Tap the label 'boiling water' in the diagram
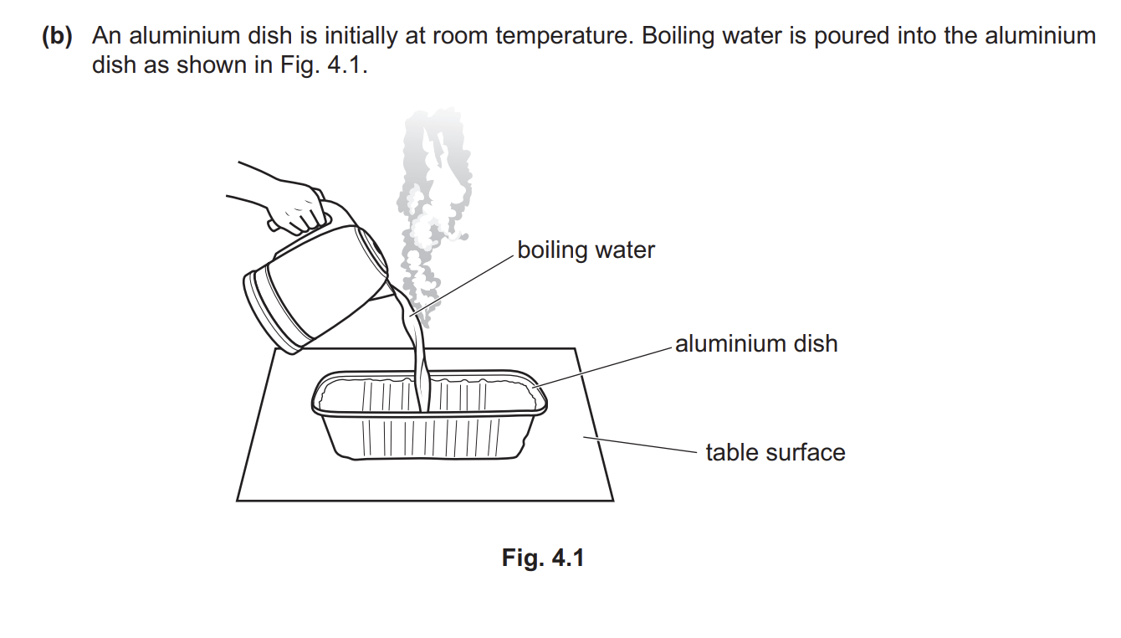coord(586,250)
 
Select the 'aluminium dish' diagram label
coord(756,343)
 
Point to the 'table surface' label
coord(775,452)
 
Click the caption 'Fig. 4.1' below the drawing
coord(543,558)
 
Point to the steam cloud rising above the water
coord(431,193)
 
